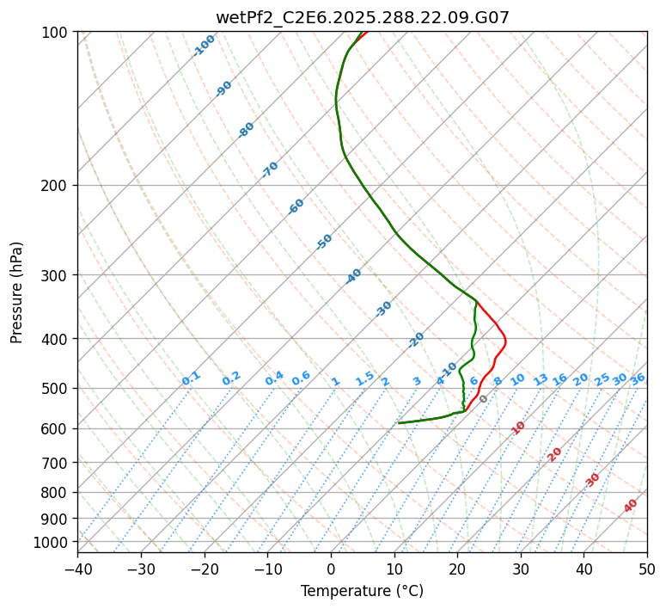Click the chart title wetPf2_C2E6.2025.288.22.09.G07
point(362,16)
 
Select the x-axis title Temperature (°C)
point(362,591)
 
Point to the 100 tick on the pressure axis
point(57,32)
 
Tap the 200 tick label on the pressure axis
point(57,185)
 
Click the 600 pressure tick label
point(57,428)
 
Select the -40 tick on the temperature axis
point(77,569)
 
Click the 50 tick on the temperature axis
point(647,569)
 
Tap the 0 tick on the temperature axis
point(331,569)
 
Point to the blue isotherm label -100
point(204,45)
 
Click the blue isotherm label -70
point(270,169)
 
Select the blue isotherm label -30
point(383,309)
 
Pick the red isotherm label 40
point(631,506)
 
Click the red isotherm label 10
point(518,428)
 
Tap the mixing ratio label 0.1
point(191,378)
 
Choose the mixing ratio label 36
point(638,378)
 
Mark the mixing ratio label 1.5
point(364,378)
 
